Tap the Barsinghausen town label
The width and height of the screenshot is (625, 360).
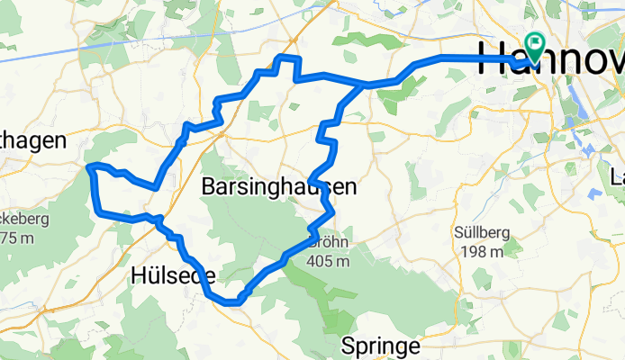tap(278, 188)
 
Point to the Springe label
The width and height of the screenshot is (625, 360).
tap(381, 346)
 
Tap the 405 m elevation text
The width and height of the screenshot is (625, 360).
tap(328, 262)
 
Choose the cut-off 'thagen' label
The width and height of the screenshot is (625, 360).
tap(33, 140)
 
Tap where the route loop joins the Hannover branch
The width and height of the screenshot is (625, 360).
tap(365, 85)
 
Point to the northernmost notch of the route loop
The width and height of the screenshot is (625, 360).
tap(285, 58)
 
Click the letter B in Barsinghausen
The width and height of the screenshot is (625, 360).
tap(209, 188)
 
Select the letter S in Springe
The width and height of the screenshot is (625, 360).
tap(348, 346)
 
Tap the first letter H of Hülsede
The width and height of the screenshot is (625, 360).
tap(140, 274)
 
